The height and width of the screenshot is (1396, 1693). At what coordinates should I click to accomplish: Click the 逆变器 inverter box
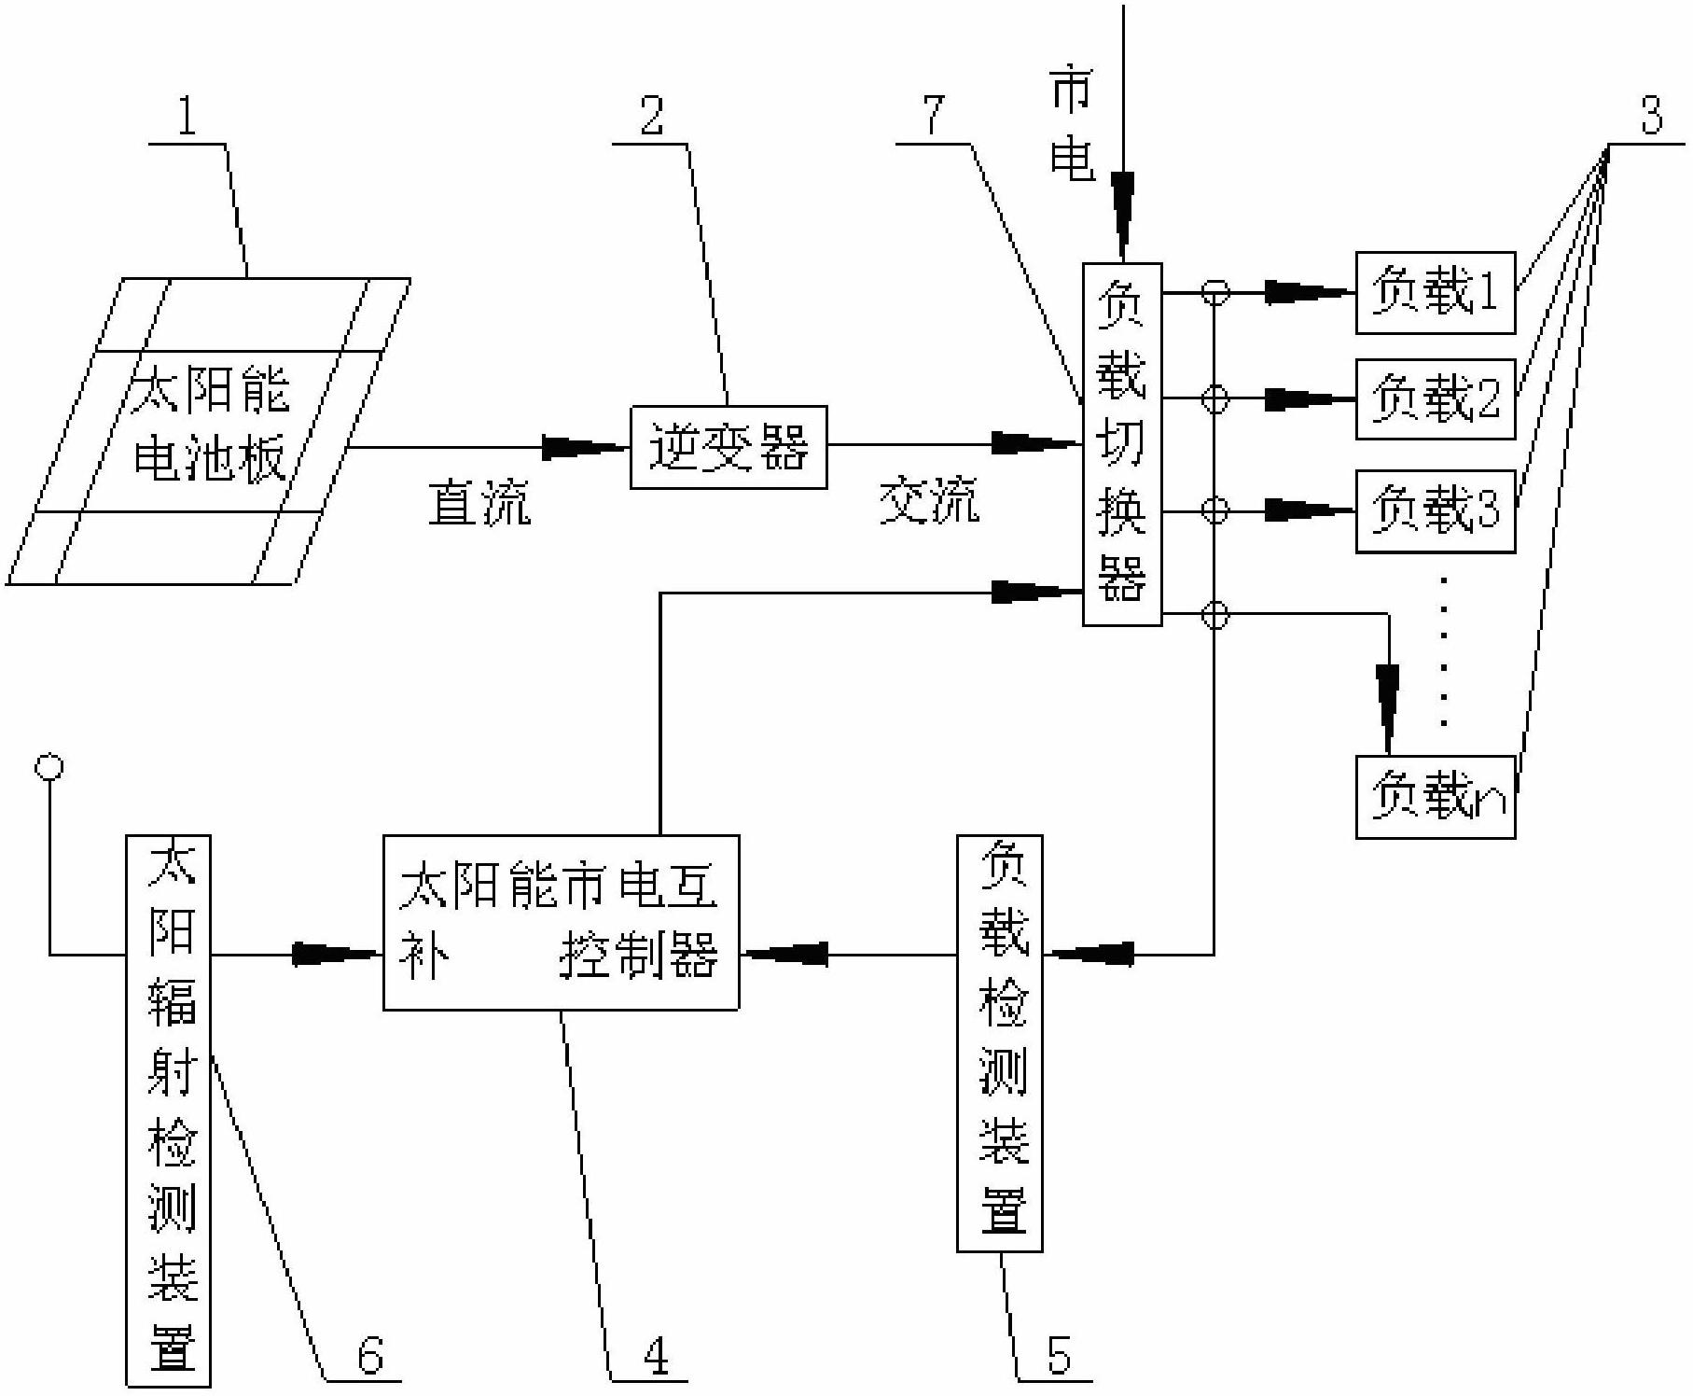729,447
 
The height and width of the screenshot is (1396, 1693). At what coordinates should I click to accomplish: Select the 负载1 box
1435,292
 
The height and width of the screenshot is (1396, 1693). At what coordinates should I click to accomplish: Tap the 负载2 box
1435,398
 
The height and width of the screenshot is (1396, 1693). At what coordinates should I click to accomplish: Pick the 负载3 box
1435,510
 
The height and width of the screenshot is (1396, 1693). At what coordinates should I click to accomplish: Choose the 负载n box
1435,797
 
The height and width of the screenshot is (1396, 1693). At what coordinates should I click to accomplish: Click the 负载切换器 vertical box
1121,444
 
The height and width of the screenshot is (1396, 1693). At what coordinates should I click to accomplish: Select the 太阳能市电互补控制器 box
561,922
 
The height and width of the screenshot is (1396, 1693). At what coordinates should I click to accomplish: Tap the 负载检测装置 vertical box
999,1042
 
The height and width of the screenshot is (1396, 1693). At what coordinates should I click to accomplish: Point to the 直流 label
479,504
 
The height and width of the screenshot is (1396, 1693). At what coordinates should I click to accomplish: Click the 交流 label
929,502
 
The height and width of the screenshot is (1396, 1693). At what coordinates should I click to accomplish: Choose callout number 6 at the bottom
370,1355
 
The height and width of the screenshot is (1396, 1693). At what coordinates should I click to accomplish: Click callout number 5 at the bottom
1059,1355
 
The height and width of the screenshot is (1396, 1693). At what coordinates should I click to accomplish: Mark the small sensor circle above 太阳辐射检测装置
49,767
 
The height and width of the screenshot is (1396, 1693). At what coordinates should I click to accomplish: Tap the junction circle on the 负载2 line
1214,398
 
